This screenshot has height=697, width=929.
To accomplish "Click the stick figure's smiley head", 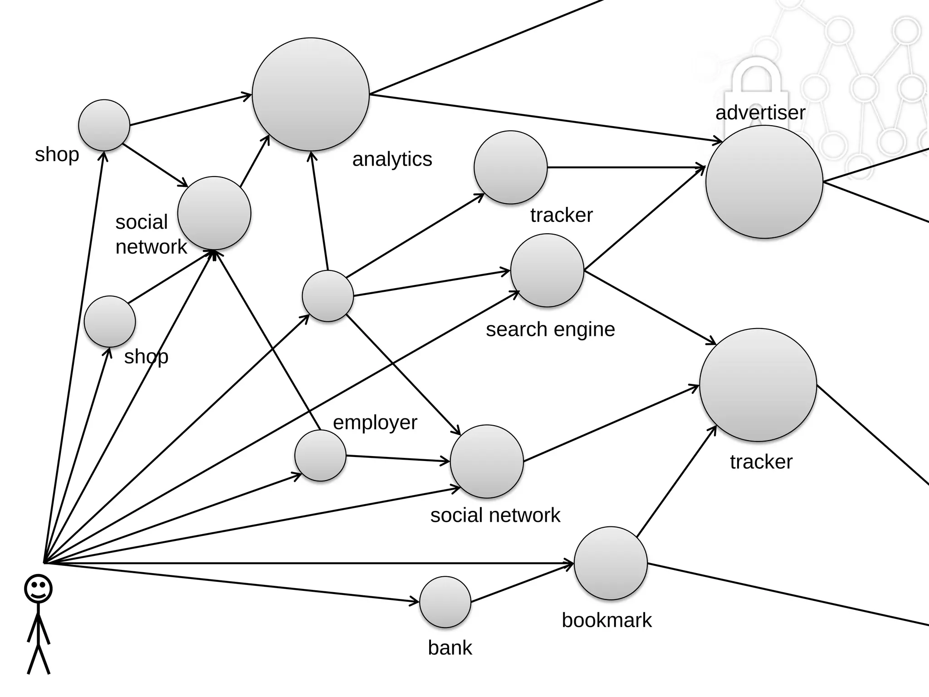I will coord(38,589).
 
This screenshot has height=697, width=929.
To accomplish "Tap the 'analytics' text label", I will coord(392,159).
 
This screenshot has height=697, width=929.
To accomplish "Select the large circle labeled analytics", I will coord(311,94).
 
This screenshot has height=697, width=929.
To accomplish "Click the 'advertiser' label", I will coord(760,113).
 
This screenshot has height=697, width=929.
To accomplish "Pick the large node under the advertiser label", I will coord(764,182).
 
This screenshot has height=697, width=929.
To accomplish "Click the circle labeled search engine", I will coord(547,270).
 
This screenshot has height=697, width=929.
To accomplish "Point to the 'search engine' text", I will coord(550,329).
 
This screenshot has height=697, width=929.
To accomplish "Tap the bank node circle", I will coord(445,602).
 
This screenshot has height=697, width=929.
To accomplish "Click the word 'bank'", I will coord(450,648).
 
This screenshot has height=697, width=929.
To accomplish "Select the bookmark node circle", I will coord(611,563).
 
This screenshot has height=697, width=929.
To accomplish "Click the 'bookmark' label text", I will coord(606,620).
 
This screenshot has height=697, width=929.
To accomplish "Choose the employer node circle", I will coord(320,456).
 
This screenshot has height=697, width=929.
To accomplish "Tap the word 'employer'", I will coord(375,422).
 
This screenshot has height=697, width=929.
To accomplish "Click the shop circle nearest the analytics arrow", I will coord(104,125).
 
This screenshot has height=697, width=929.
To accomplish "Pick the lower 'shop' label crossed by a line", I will coord(146,357).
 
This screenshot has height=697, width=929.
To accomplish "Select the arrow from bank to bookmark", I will coord(522,584).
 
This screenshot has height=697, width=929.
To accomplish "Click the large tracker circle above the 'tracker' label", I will coord(758,385).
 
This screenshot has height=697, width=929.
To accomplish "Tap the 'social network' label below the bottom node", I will coord(495,515).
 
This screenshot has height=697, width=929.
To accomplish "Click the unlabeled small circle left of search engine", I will coord(328,296).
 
